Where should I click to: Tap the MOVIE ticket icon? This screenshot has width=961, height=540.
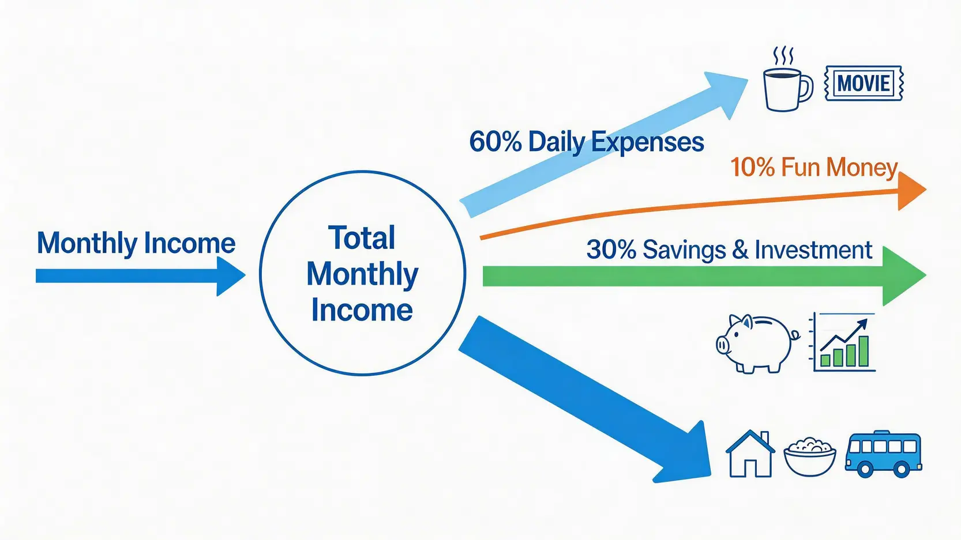pyautogui.click(x=864, y=83)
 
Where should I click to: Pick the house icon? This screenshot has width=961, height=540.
pyautogui.click(x=750, y=454)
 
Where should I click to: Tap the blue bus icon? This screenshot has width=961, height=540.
pyautogui.click(x=883, y=454)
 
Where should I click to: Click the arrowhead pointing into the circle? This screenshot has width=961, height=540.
pyautogui.click(x=230, y=276)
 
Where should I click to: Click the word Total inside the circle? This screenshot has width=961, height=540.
pyautogui.click(x=361, y=238)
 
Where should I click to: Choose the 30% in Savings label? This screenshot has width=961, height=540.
pyautogui.click(x=611, y=250)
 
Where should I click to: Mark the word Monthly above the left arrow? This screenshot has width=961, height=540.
pyautogui.click(x=87, y=243)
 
